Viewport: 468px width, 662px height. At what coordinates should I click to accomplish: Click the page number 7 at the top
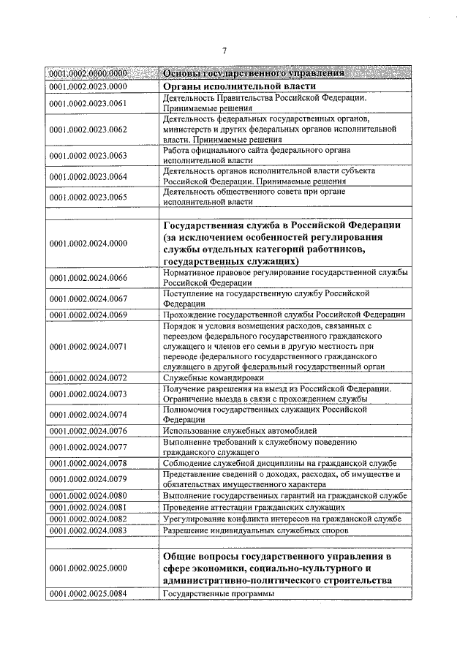tap(225, 50)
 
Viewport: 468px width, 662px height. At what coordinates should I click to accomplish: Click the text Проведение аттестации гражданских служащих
tap(254, 507)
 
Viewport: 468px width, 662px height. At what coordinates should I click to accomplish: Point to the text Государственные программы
tap(219, 593)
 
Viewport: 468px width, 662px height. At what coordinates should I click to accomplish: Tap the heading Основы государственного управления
tap(254, 74)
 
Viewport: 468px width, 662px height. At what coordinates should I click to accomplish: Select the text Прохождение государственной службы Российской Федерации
tap(284, 315)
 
